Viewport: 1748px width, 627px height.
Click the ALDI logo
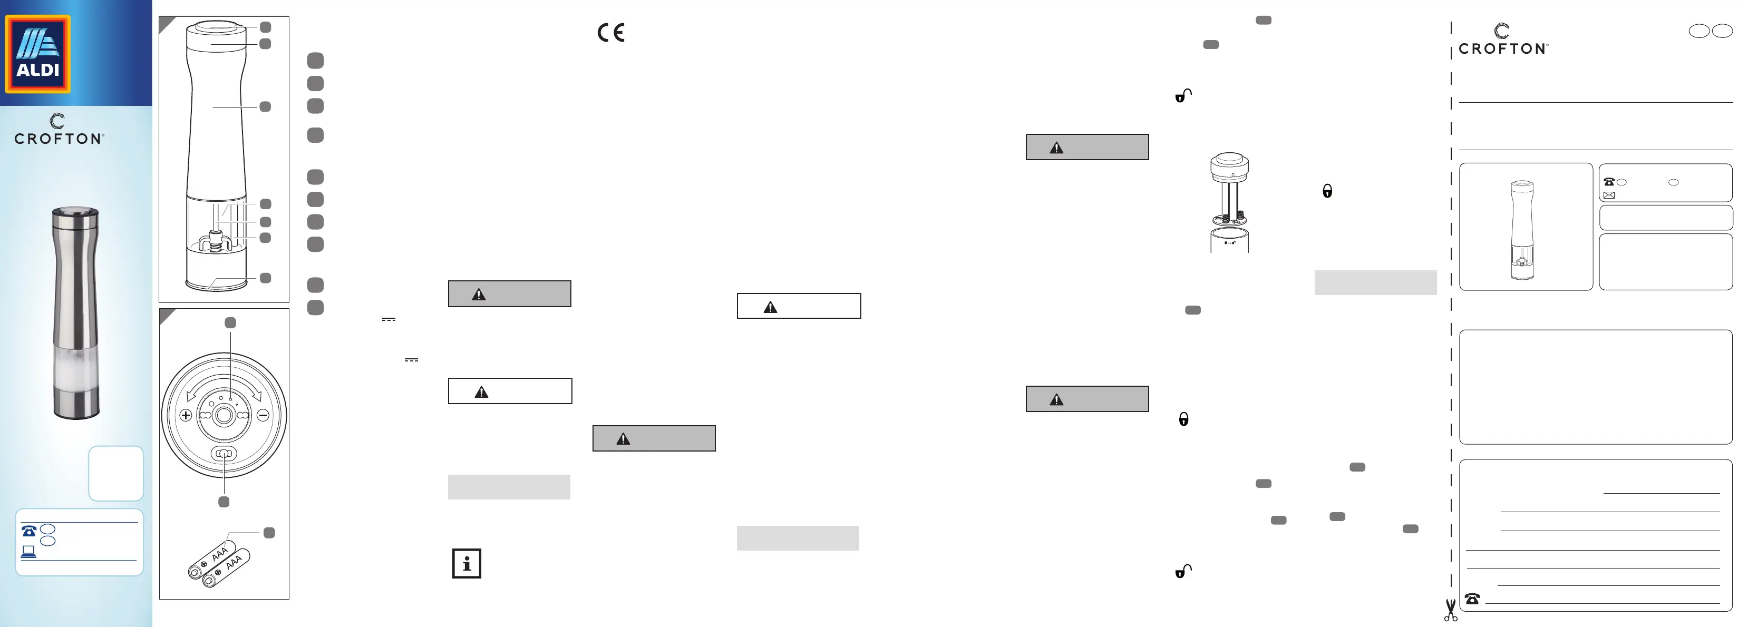point(37,54)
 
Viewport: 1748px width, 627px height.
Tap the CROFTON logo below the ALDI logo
point(59,130)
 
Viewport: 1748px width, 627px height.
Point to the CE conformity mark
point(611,33)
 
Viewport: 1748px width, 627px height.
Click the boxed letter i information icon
point(467,563)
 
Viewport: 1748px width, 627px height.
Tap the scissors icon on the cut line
point(1450,610)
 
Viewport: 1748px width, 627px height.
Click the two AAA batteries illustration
point(218,563)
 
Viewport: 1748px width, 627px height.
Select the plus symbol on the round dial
point(185,415)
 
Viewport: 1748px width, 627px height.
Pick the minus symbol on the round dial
point(263,415)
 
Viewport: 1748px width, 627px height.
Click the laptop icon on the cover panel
point(28,552)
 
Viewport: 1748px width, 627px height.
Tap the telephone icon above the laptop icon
point(29,531)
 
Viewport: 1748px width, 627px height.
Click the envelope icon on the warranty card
point(1609,195)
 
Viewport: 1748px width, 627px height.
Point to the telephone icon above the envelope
point(1609,182)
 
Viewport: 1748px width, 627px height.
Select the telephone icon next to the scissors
point(1472,599)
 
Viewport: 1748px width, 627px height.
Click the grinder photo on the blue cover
point(76,312)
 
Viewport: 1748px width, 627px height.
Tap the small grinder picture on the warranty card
point(1522,229)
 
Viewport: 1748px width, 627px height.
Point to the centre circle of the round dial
point(224,415)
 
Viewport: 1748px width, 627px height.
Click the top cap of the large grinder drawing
point(217,27)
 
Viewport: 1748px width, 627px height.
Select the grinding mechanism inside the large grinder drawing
point(216,241)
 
